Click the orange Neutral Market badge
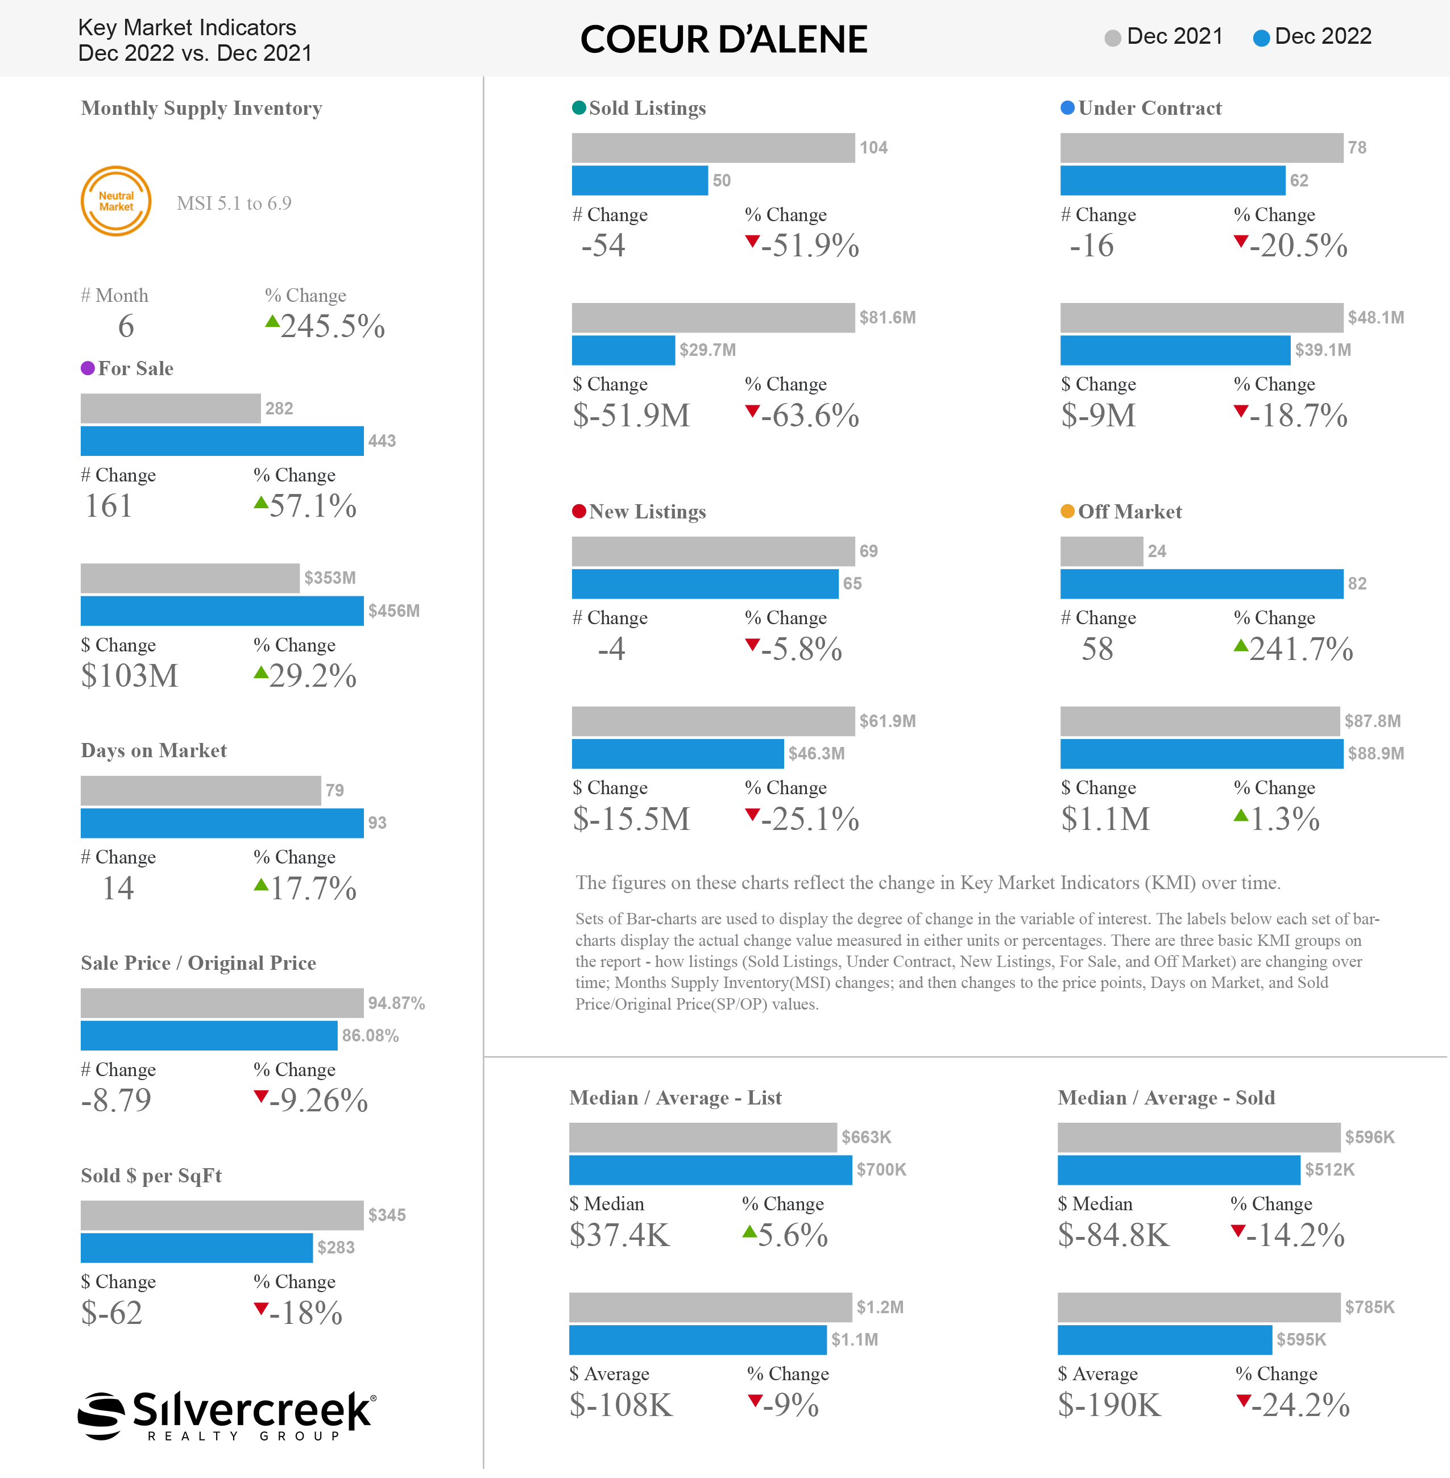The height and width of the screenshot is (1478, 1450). point(116,201)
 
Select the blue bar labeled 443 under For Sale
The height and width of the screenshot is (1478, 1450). point(222,441)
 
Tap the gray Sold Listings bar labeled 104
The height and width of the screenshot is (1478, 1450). point(714,148)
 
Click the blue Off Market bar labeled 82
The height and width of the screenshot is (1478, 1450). point(1202,584)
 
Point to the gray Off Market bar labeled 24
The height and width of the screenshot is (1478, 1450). point(1102,551)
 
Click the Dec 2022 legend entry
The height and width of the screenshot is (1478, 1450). point(1312,36)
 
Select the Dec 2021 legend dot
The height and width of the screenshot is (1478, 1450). point(1113,38)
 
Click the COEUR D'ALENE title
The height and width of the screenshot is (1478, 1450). point(723,40)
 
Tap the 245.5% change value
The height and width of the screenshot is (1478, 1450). point(325,326)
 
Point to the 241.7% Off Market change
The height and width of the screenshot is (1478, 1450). point(1293,649)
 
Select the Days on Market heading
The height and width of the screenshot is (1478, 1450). point(154,751)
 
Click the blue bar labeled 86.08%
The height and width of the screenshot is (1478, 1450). point(209,1036)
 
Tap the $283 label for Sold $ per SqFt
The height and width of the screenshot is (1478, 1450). point(336,1247)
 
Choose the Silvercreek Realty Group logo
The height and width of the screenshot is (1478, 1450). point(227,1415)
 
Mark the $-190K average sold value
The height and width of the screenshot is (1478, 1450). point(1109,1405)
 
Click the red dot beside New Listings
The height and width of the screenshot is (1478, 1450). point(579,512)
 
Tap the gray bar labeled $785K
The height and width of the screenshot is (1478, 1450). point(1199,1307)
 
